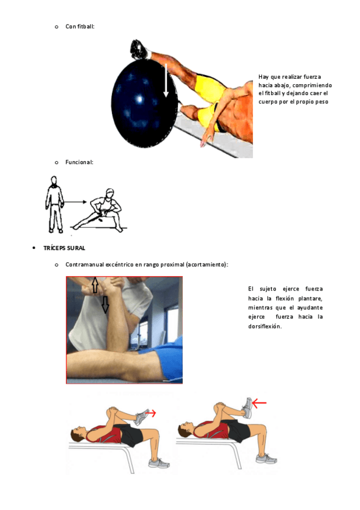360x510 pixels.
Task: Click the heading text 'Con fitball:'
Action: click(80, 26)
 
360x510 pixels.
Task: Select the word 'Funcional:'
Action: click(79, 162)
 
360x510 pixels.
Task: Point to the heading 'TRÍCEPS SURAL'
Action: click(64, 248)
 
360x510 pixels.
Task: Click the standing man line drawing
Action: click(55, 204)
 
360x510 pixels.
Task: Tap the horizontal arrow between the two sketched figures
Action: click(75, 202)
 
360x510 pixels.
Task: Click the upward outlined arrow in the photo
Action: click(95, 284)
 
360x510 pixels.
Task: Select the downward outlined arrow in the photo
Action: click(105, 304)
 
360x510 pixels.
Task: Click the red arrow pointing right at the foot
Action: click(150, 413)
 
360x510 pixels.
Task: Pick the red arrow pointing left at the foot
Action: click(259, 404)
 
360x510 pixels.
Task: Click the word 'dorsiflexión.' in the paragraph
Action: click(265, 326)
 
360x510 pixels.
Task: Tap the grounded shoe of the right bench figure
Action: click(266, 459)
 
